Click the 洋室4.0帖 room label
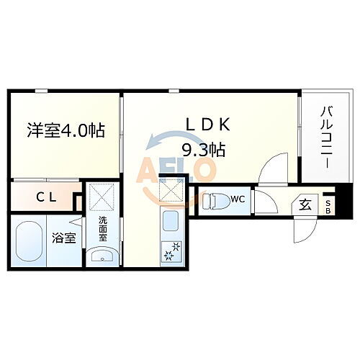point(66,131)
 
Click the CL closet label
point(48,196)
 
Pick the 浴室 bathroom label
point(64,238)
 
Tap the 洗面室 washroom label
point(103,229)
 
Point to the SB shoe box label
point(330,207)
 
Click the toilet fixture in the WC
point(215,201)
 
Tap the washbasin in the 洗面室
point(103,256)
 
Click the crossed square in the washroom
point(102,197)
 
